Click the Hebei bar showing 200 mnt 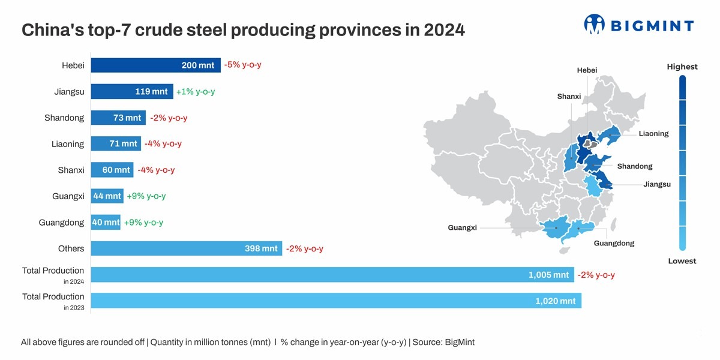[x=155, y=65]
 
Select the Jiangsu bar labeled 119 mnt [x=132, y=92]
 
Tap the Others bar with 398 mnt [x=186, y=248]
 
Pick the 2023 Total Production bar [x=336, y=301]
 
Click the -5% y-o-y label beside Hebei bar [x=242, y=65]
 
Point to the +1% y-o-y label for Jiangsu [x=195, y=92]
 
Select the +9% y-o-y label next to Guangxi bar [x=146, y=196]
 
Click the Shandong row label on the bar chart [x=64, y=118]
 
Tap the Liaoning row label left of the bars [x=68, y=144]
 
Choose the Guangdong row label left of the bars [x=61, y=223]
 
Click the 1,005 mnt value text [x=548, y=275]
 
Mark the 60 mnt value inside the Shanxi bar [x=116, y=170]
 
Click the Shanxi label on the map [x=569, y=97]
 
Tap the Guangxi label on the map [x=462, y=228]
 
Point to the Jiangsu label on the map [x=656, y=184]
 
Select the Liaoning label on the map [x=653, y=134]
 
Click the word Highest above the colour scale [x=682, y=67]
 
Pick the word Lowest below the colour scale [x=682, y=261]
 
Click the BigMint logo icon [x=595, y=25]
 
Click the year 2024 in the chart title [x=444, y=30]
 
